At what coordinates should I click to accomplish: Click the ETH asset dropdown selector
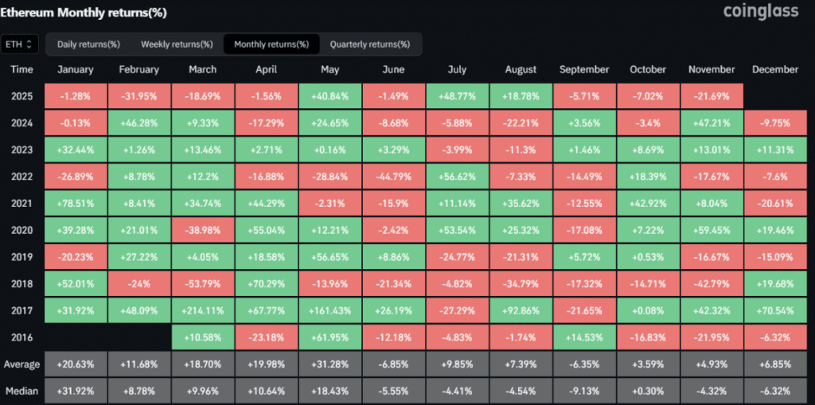pos(20,44)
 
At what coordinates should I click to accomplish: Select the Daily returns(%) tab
pos(88,44)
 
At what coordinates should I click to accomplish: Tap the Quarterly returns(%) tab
pos(369,44)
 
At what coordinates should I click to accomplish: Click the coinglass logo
pos(760,12)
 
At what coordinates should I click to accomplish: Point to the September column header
pos(585,70)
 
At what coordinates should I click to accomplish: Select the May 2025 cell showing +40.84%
pos(330,96)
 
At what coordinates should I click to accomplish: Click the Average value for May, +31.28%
pos(330,364)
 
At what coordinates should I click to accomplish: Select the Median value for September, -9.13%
pos(585,391)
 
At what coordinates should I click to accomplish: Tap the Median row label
pos(21,391)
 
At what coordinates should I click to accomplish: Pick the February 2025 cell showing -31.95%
pos(139,96)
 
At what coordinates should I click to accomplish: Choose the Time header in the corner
pos(21,70)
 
